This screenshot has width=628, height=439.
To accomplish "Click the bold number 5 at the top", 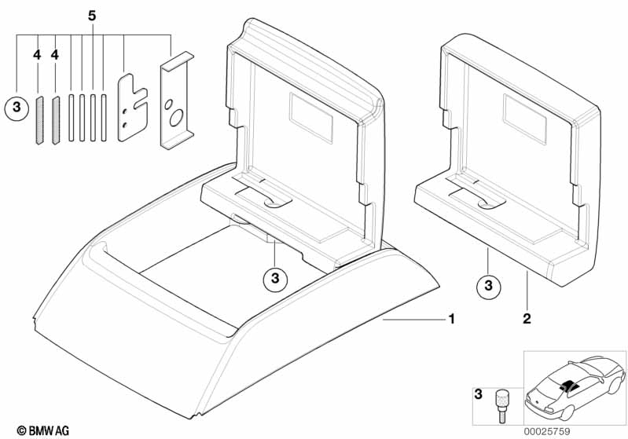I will (94, 14).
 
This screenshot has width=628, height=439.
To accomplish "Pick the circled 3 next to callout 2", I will (488, 286).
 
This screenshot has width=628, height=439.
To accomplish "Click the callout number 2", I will (527, 319).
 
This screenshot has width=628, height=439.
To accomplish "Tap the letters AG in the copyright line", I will (61, 430).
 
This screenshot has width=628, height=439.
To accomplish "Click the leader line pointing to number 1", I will (413, 320).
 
